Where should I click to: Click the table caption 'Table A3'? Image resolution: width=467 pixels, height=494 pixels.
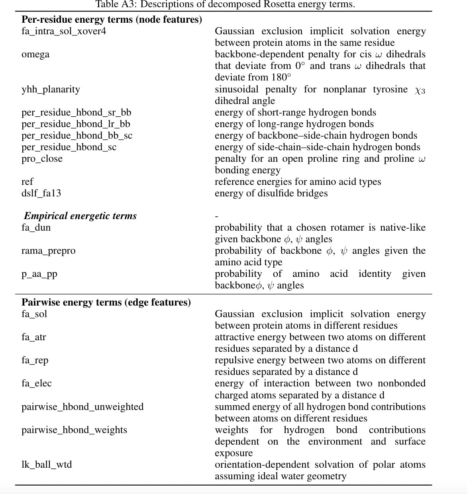click(225, 4)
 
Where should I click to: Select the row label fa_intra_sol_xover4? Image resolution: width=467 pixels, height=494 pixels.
click(64, 31)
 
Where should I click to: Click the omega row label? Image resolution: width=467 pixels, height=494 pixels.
click(35, 55)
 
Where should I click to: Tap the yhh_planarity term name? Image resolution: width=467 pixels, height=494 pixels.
click(51, 89)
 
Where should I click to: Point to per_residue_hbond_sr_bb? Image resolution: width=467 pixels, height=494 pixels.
click(76, 113)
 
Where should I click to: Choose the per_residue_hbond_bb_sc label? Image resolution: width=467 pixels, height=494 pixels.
click(77, 136)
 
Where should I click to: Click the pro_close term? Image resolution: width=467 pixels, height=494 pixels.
click(42, 159)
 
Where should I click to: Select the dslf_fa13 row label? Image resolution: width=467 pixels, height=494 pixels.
click(41, 194)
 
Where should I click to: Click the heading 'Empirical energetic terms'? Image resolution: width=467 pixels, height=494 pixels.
click(80, 216)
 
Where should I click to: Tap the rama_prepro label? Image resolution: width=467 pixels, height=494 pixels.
click(48, 251)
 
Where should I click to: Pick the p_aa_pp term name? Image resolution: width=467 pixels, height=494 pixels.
click(39, 274)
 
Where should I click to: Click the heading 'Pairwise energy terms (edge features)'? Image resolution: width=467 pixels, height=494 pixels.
click(106, 302)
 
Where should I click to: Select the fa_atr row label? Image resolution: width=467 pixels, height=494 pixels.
click(34, 337)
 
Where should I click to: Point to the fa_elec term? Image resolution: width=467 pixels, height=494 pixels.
click(37, 384)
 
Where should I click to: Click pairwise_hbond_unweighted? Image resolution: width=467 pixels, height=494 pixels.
click(82, 407)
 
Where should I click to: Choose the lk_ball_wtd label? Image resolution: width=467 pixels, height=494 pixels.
click(47, 465)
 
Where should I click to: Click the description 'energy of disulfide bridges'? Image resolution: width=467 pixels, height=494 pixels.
click(271, 194)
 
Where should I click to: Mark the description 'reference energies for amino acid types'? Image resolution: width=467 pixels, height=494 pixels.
click(298, 182)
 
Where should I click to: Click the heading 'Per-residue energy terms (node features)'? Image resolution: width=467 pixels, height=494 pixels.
click(112, 20)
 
